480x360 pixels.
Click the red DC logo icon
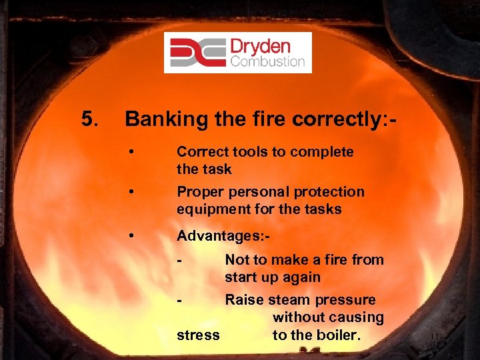[197, 52]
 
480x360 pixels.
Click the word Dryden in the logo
[261, 46]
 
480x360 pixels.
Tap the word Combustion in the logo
[267, 62]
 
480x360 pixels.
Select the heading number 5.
[90, 119]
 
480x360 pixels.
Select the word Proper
[199, 192]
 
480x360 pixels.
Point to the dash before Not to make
[179, 260]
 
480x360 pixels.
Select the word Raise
[244, 300]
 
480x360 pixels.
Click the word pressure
[346, 300]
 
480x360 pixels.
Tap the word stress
[198, 335]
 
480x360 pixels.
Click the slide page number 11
[434, 336]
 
